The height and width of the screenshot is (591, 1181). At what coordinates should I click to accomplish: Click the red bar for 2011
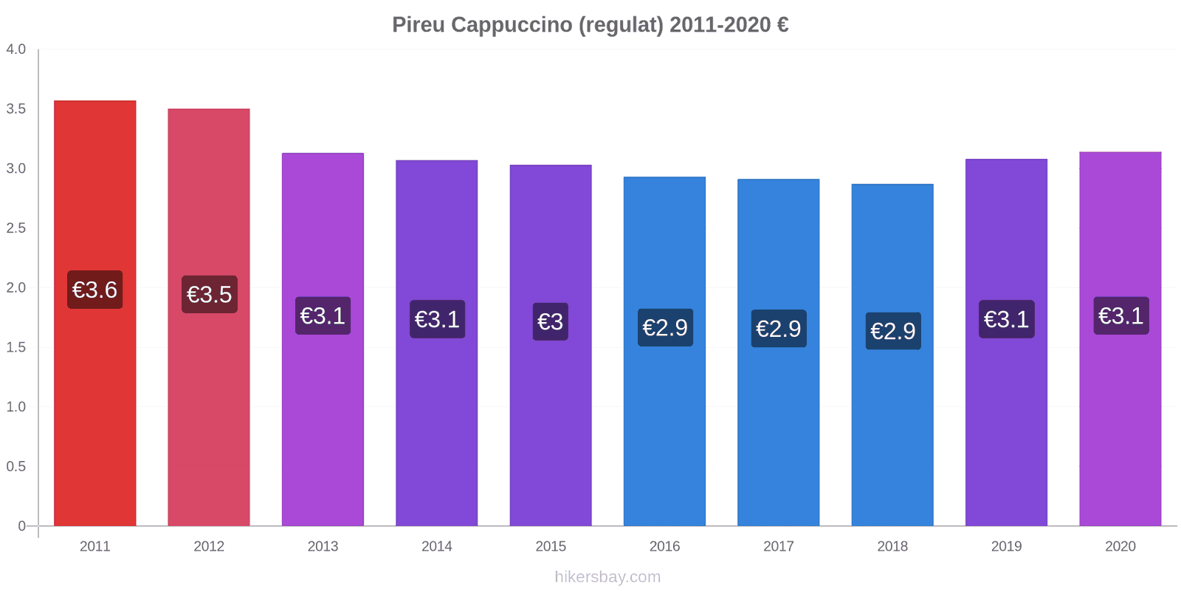[x=94, y=406]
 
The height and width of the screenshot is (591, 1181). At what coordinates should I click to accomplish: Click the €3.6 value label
[x=94, y=290]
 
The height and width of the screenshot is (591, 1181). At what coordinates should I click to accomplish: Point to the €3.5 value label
[x=209, y=294]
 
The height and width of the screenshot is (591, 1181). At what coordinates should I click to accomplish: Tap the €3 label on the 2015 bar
[x=551, y=321]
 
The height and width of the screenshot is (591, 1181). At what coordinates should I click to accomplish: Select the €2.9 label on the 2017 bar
[x=779, y=328]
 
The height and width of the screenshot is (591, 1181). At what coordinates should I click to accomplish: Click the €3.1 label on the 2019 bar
[x=1006, y=319]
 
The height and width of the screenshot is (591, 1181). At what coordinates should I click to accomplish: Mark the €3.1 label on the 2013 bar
[x=323, y=315]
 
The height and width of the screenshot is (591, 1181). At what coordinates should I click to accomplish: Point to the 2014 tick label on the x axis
[x=436, y=547]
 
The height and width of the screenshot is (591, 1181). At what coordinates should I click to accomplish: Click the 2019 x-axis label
[x=1006, y=547]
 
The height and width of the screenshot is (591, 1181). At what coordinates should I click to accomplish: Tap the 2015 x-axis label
[x=551, y=547]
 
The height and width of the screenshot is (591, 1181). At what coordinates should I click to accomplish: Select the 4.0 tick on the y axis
[x=16, y=49]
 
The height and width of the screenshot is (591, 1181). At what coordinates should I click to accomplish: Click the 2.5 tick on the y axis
[x=16, y=228]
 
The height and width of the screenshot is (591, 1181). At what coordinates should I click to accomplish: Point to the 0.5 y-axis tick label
[x=16, y=466]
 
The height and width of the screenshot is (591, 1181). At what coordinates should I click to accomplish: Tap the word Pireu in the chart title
[x=418, y=25]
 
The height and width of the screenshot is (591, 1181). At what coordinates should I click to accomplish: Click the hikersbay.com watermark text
[x=607, y=577]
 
